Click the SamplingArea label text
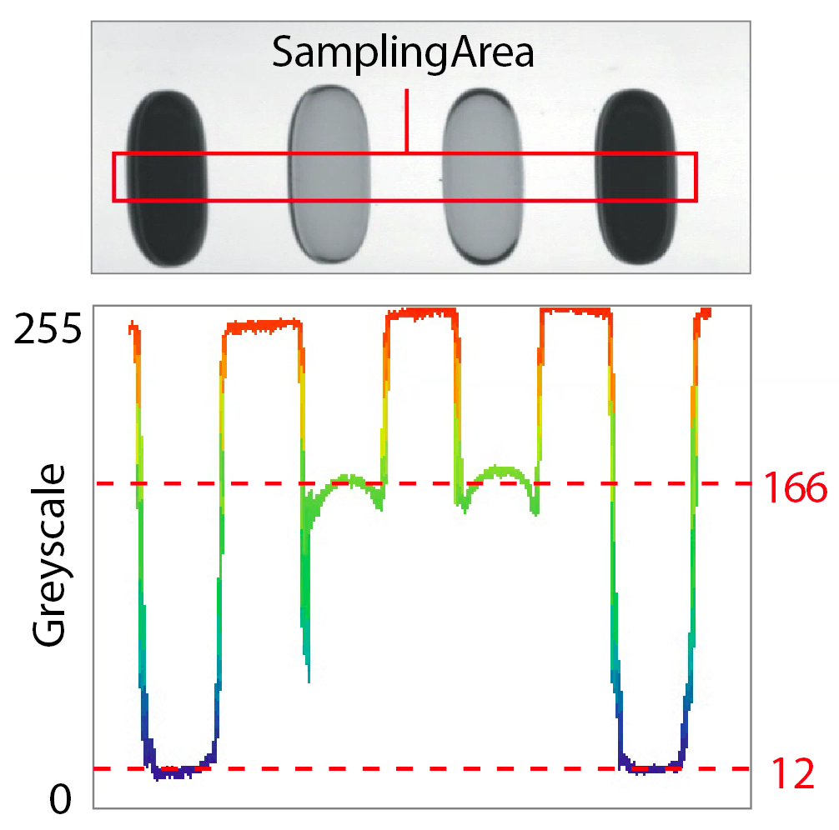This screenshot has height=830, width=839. point(403,54)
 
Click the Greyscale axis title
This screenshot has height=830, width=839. point(50,556)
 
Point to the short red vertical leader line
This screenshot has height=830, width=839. point(406,120)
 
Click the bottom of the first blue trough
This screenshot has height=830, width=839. point(176,772)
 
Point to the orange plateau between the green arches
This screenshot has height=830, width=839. point(421,313)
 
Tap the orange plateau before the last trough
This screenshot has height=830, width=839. point(575,312)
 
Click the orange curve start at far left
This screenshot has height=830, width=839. point(133,327)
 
